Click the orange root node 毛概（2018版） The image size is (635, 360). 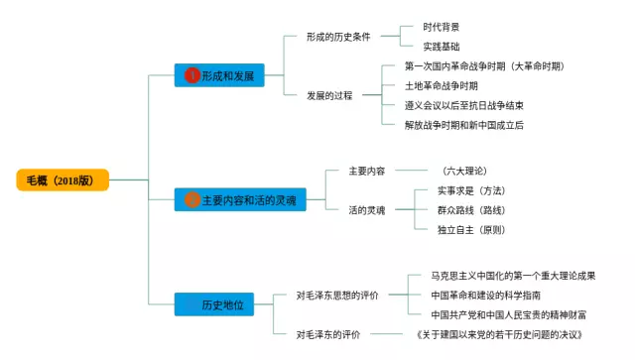click(x=63, y=180)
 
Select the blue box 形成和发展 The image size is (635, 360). click(x=219, y=75)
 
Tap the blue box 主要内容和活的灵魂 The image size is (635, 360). click(x=240, y=199)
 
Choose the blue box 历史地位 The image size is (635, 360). click(x=214, y=304)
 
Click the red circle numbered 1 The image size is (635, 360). click(x=192, y=75)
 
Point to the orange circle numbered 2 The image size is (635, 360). click(x=192, y=199)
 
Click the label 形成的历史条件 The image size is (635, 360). click(x=338, y=37)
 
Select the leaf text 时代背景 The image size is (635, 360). click(x=441, y=27)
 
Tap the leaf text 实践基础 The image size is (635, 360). click(x=441, y=47)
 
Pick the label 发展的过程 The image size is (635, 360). click(x=329, y=95)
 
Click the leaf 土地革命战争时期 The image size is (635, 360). click(x=441, y=86)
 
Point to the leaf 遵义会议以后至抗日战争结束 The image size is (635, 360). click(x=464, y=105)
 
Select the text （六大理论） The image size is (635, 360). click(x=464, y=171)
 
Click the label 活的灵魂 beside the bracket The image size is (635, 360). click(x=367, y=210)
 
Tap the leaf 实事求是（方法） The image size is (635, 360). click(x=472, y=190)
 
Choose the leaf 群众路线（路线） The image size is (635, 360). click(x=472, y=210)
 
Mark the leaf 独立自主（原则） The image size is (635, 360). click(x=472, y=230)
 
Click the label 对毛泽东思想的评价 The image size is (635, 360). click(x=337, y=296)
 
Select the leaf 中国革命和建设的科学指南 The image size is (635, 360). click(x=485, y=296)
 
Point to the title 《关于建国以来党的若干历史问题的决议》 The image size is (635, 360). click(x=499, y=334)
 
